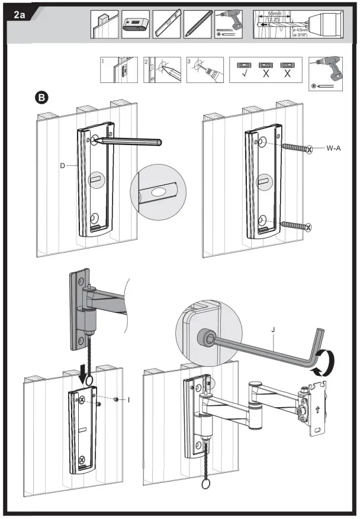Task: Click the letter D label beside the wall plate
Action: click(x=63, y=166)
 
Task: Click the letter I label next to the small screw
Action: click(x=128, y=400)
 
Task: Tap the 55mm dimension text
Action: click(x=274, y=12)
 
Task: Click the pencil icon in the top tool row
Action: click(x=197, y=25)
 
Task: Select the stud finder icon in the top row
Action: click(x=135, y=25)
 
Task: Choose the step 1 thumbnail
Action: click(x=117, y=70)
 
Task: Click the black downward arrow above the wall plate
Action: click(x=83, y=374)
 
